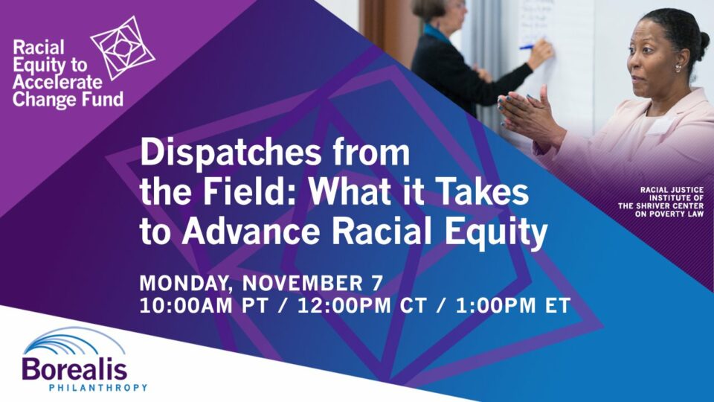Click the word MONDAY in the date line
pyautogui.click(x=184, y=284)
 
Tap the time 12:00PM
pyautogui.click(x=344, y=305)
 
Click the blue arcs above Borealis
pyautogui.click(x=74, y=342)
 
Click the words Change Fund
pyautogui.click(x=68, y=99)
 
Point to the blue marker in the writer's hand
pyautogui.click(x=527, y=46)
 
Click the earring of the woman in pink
pyautogui.click(x=678, y=68)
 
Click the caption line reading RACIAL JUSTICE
pyautogui.click(x=672, y=190)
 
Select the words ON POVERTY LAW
pyautogui.click(x=669, y=214)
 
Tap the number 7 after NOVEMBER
pyautogui.click(x=376, y=283)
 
